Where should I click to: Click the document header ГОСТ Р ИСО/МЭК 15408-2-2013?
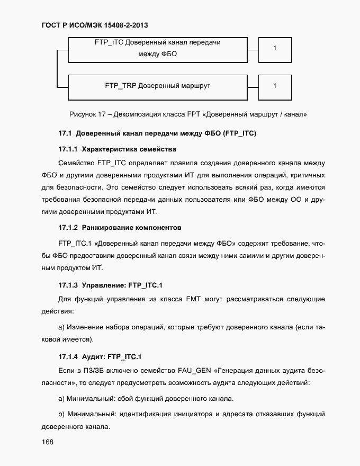pos(94,25)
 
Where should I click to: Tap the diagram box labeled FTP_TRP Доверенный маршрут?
pos(157,86)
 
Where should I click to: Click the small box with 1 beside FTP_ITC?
pos(274,48)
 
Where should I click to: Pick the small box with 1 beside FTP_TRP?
pos(274,86)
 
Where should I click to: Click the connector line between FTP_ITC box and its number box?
pos(253,48)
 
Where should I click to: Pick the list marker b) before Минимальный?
pos(61,413)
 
